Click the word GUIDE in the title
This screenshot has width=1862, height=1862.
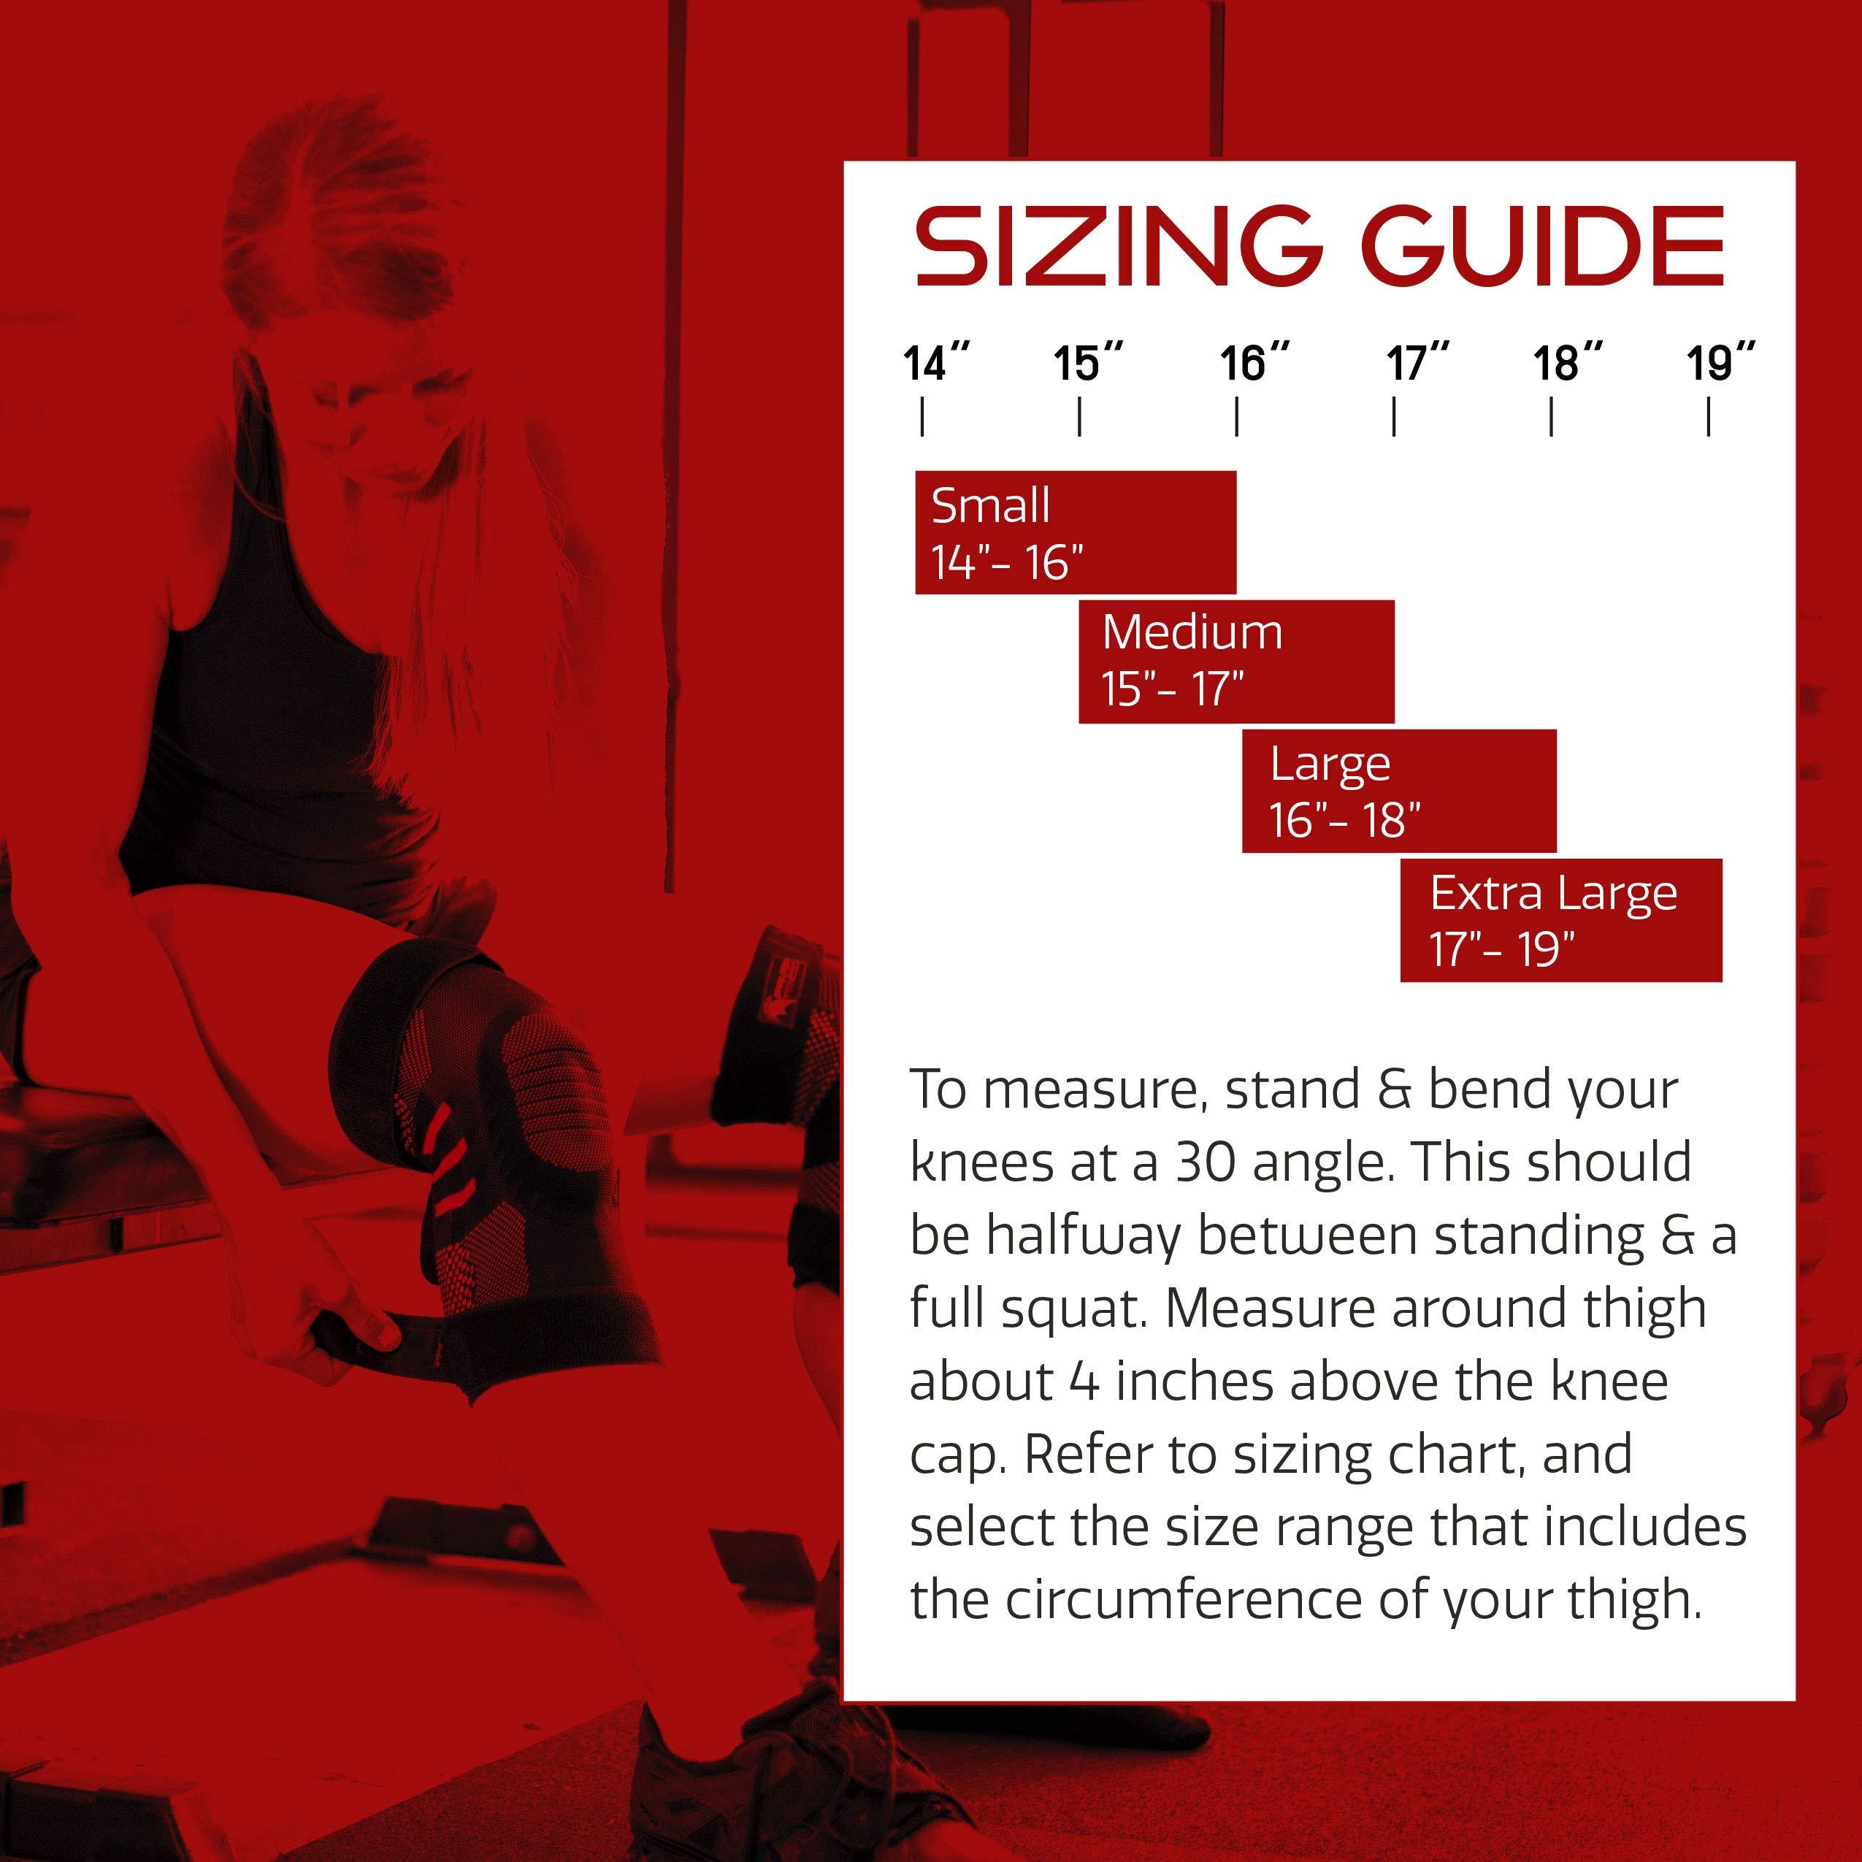[1543, 246]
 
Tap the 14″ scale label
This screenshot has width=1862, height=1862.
[935, 364]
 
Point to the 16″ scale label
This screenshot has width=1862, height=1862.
[1254, 364]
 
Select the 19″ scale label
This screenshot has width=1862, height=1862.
[1720, 364]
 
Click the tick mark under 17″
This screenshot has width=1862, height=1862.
[1394, 418]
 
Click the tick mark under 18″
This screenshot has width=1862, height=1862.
[1551, 418]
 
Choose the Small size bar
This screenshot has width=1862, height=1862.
[1076, 532]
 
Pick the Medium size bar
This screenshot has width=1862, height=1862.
[1236, 661]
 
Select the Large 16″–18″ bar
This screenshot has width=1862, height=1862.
[1399, 790]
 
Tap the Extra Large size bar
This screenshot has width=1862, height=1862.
[1561, 920]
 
